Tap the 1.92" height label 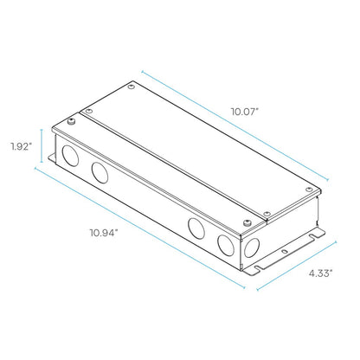[21, 146]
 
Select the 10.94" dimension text [104, 233]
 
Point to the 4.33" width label [321, 273]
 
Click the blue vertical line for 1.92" [42, 145]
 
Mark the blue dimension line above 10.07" [235, 125]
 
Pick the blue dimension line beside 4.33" [297, 265]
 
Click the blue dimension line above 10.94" [140, 228]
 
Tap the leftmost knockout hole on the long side [70, 156]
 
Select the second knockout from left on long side [100, 173]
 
